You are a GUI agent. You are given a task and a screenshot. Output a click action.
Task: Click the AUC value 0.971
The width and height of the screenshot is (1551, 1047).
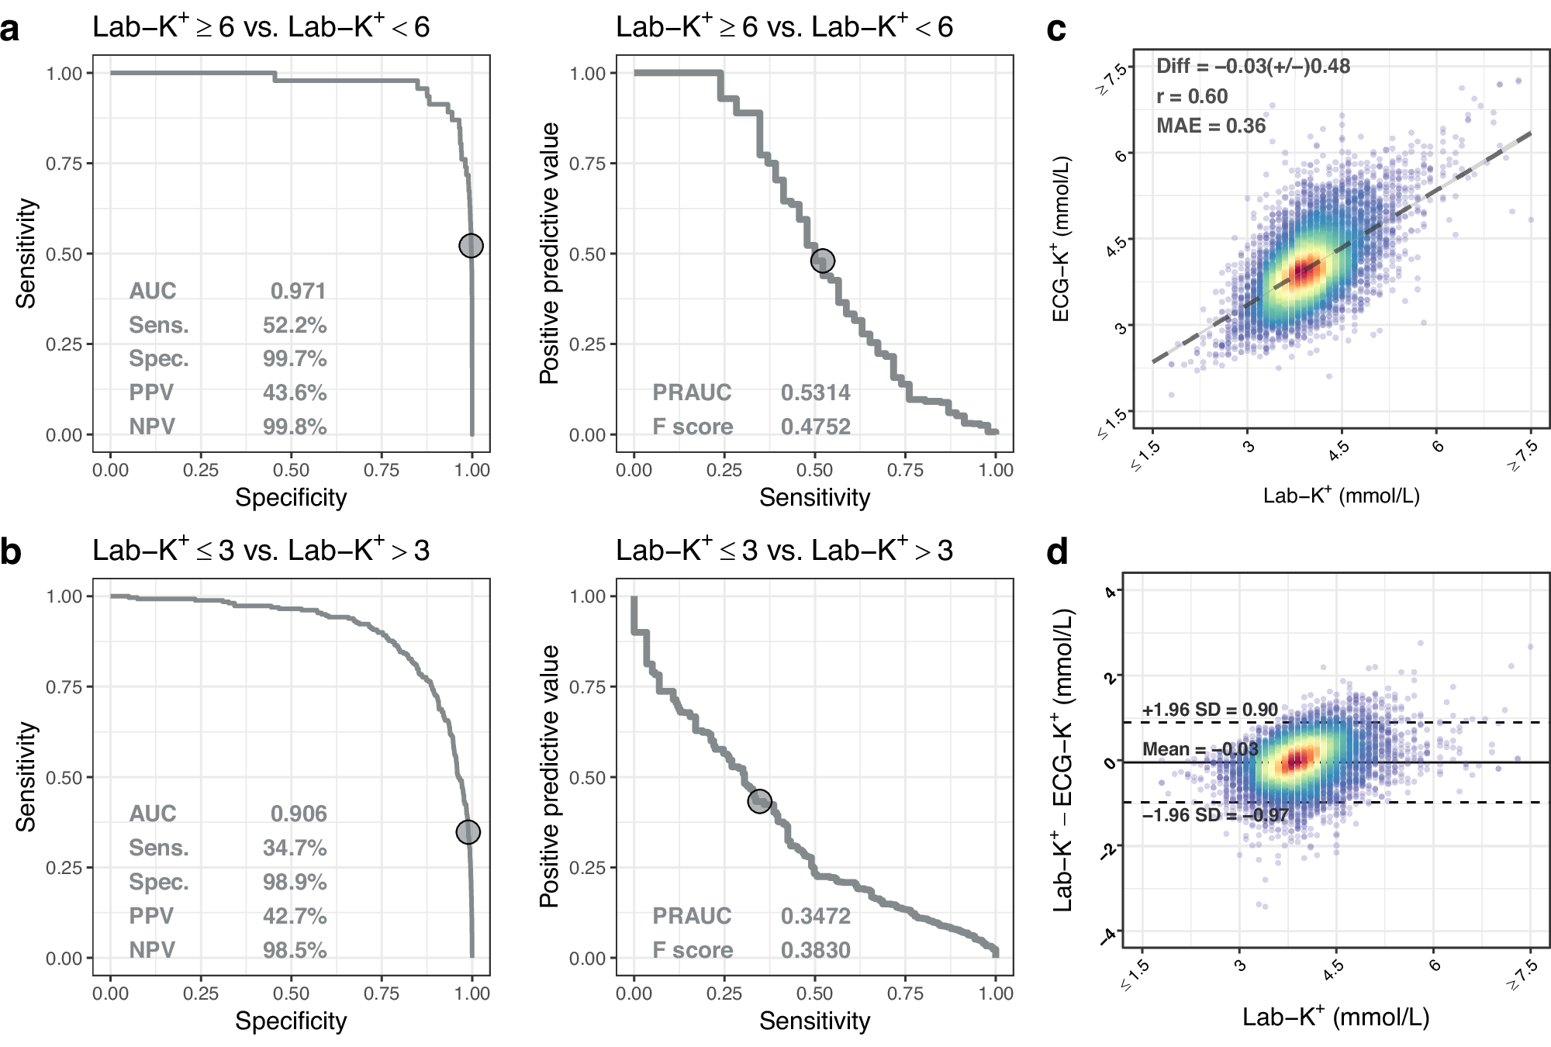(298, 291)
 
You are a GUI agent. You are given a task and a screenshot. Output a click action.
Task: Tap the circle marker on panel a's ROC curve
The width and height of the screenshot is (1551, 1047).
(471, 246)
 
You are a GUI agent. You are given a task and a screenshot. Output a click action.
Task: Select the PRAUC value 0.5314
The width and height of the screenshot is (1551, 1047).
(815, 392)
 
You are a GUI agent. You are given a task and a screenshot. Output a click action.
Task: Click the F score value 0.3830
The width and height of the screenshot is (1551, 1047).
(815, 950)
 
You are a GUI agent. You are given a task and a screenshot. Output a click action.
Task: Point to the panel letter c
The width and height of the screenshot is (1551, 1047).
(1056, 29)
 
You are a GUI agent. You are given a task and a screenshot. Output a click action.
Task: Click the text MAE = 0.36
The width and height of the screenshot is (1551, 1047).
(1211, 126)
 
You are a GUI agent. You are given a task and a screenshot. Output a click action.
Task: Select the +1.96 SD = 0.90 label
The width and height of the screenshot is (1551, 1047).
(1209, 710)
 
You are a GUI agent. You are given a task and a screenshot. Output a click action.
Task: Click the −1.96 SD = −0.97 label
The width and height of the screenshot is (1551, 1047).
(1214, 815)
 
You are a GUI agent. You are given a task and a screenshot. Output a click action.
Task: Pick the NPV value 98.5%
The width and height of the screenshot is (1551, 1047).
(295, 950)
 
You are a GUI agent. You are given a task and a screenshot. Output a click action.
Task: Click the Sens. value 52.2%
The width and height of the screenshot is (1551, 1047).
(295, 325)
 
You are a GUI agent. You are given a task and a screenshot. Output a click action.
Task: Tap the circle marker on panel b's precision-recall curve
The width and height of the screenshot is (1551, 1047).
(759, 801)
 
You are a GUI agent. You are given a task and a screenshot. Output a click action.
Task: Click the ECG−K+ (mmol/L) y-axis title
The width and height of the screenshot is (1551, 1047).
(1061, 239)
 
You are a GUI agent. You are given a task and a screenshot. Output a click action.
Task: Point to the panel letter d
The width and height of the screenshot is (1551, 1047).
(1057, 552)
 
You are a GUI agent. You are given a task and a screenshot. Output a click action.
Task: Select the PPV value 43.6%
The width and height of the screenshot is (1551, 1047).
(295, 392)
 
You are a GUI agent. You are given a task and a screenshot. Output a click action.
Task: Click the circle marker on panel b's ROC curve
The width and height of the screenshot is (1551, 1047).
(468, 832)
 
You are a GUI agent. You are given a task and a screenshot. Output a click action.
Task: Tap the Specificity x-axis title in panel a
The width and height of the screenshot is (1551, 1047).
(291, 497)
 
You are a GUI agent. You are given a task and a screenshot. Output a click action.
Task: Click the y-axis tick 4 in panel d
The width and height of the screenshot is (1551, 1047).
(1110, 593)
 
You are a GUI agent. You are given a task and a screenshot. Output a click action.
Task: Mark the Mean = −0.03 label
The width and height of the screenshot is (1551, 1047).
(1200, 749)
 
